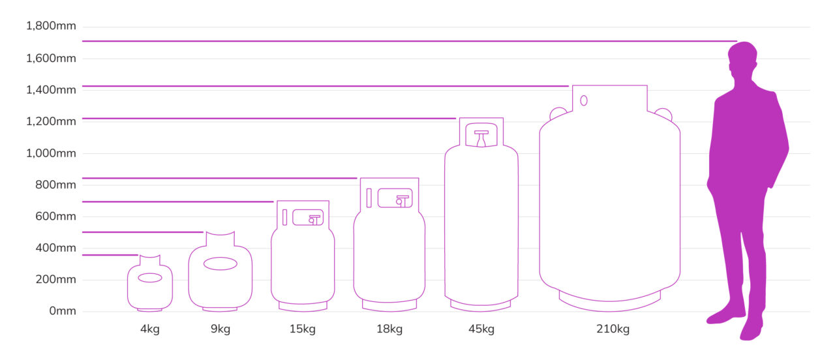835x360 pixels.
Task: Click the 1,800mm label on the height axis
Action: pos(51,26)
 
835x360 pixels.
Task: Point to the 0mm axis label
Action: pos(63,311)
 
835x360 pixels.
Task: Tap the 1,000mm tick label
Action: pos(51,153)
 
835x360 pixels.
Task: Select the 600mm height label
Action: pos(56,217)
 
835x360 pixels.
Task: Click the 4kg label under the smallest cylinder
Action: pos(149,329)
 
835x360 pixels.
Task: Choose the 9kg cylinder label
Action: pos(220,329)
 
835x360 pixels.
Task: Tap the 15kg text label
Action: pos(302,329)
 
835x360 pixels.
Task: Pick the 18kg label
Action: pos(389,329)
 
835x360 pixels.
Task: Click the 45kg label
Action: pos(481,329)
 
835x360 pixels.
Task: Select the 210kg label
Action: pos(613,329)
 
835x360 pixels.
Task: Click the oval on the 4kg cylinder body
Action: pos(150,278)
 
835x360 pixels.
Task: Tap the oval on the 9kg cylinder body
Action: pos(220,263)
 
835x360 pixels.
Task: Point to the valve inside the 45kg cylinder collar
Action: pos(481,138)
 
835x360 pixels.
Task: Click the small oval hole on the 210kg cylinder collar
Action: pos(584,100)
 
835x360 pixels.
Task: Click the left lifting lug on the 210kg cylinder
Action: pos(558,113)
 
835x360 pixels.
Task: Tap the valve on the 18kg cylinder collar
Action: pos(402,200)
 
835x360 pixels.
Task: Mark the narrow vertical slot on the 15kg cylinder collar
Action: pos(284,217)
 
